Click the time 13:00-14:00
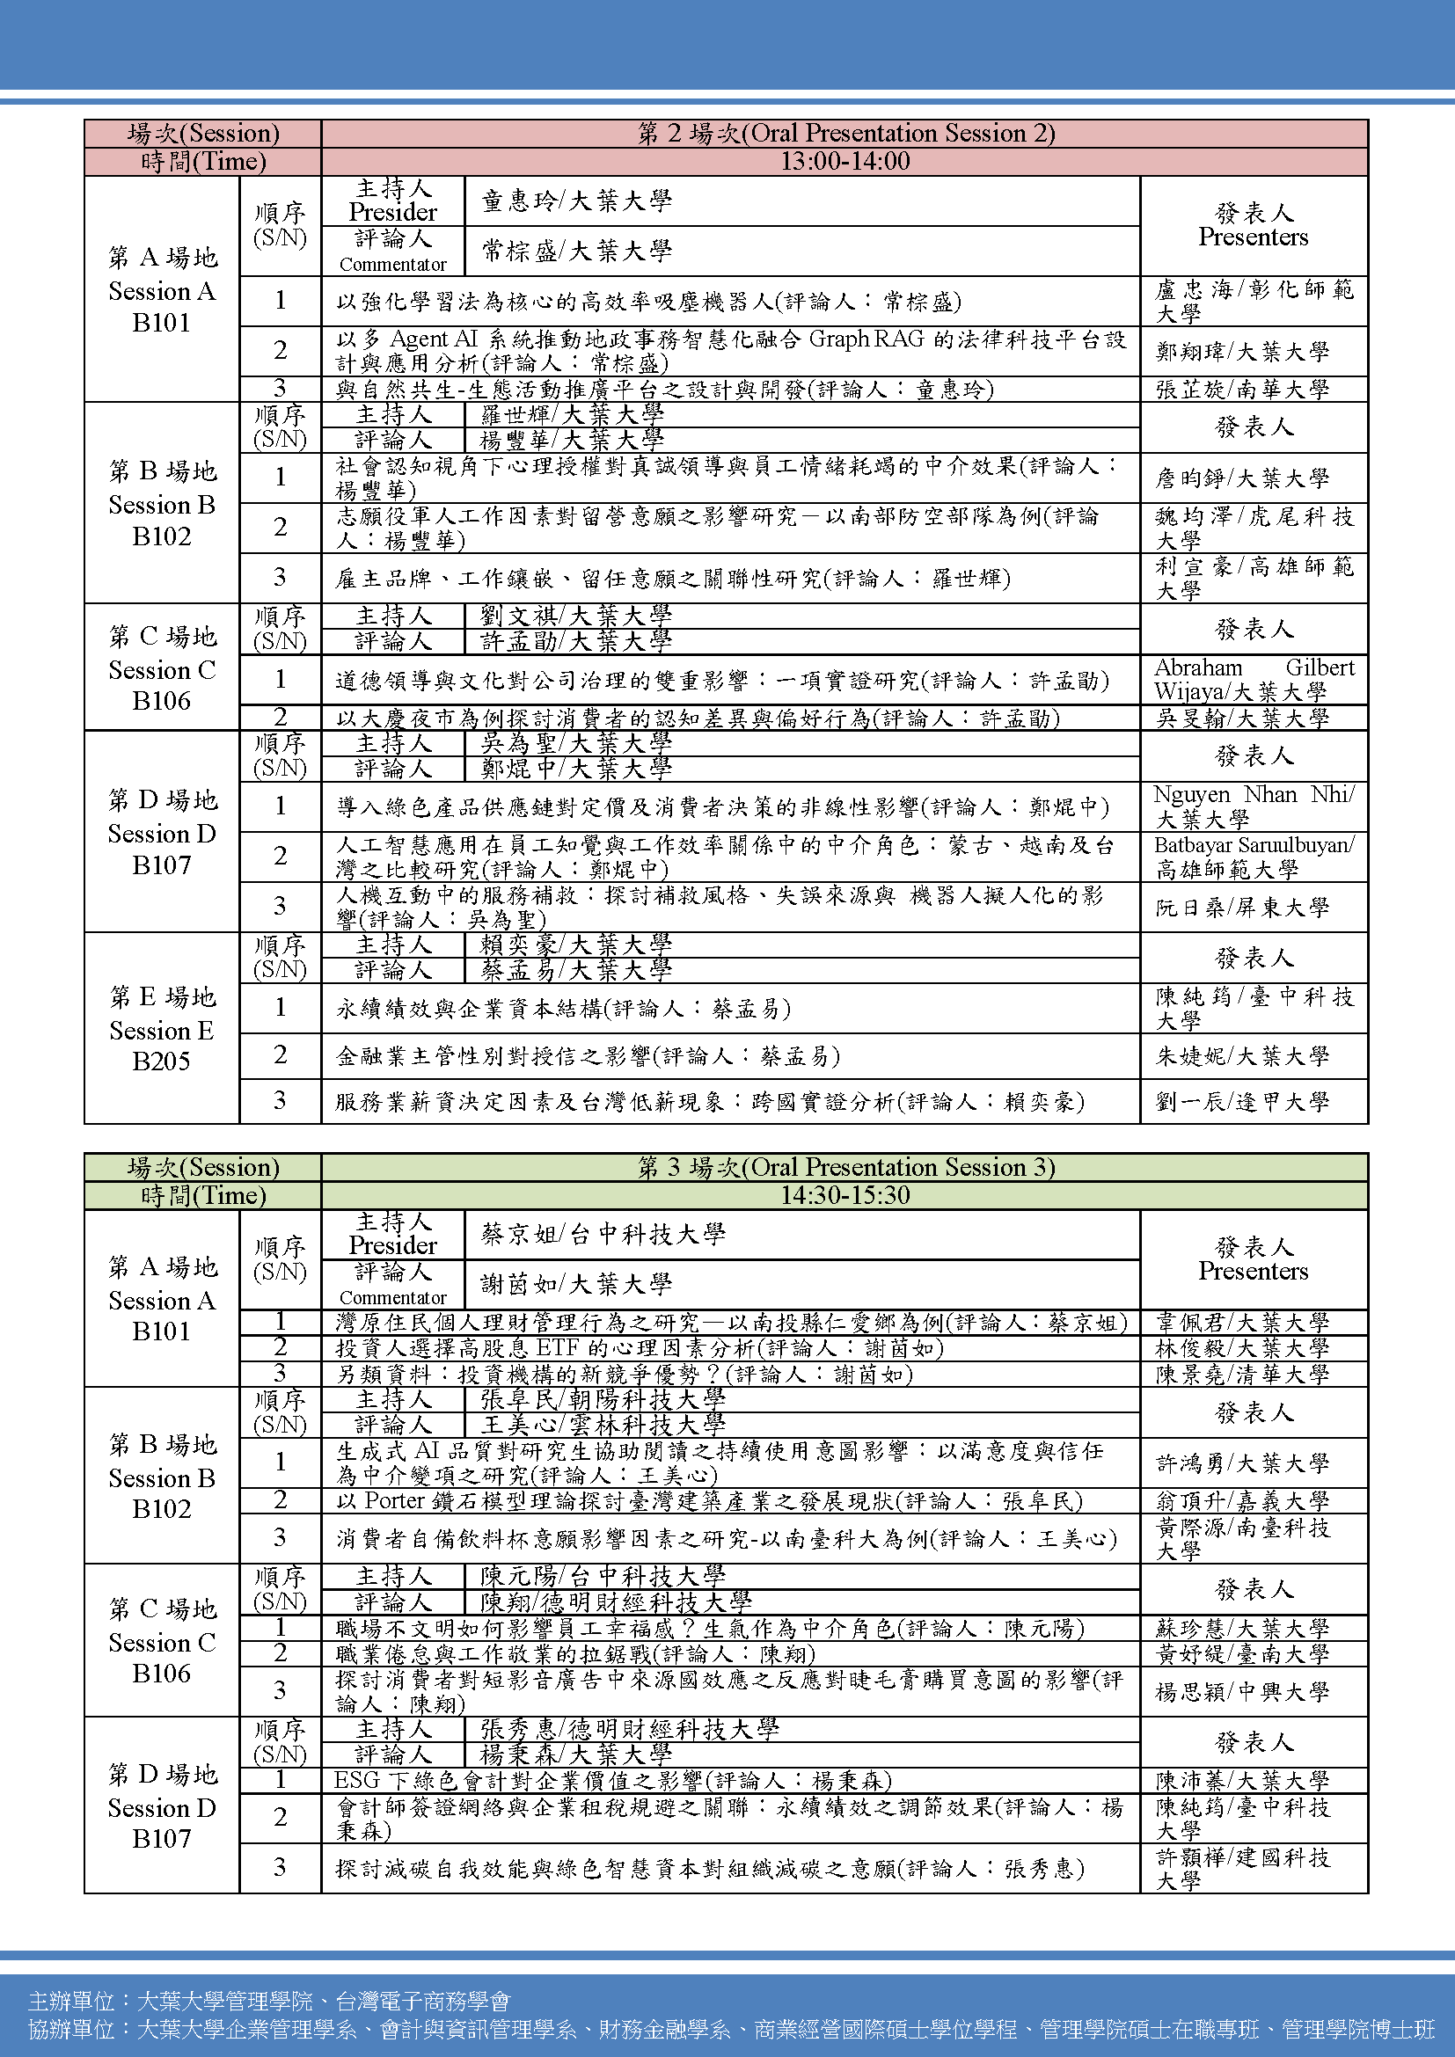coord(844,161)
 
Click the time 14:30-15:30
coord(844,1195)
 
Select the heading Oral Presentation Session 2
coord(844,134)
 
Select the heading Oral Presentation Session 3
coord(844,1167)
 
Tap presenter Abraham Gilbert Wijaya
coord(1254,679)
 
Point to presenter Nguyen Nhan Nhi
coord(1254,806)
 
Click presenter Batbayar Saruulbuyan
coord(1254,857)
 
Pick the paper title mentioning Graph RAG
coord(730,350)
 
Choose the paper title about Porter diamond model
coord(709,1500)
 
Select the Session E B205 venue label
coord(161,1030)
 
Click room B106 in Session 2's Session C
coord(161,701)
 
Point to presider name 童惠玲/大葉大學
coord(576,201)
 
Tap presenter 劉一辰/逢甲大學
coord(1242,1101)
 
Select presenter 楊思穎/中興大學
coord(1242,1691)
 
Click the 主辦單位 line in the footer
coord(269,2001)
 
